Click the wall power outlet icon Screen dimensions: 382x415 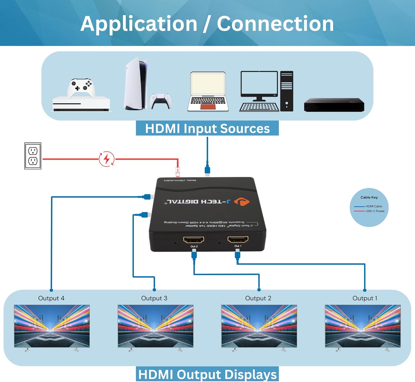33,156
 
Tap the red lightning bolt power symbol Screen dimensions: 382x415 107,159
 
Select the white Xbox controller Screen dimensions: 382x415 81,87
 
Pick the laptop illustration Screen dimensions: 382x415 208,92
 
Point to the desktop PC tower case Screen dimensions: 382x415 287,91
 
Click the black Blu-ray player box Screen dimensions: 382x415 334,105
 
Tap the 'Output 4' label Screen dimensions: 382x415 51,298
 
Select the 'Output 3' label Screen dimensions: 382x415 154,298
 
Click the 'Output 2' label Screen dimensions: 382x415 258,298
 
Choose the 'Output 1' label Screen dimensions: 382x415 365,298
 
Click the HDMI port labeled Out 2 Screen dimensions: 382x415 194,240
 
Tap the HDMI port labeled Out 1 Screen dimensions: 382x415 238,239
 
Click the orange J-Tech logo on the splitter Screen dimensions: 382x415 242,202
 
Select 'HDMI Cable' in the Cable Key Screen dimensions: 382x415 374,206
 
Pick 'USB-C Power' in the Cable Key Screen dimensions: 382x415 375,211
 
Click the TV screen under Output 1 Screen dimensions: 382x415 362,326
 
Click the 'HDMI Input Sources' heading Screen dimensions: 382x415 207,128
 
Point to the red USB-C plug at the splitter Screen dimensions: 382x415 178,172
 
